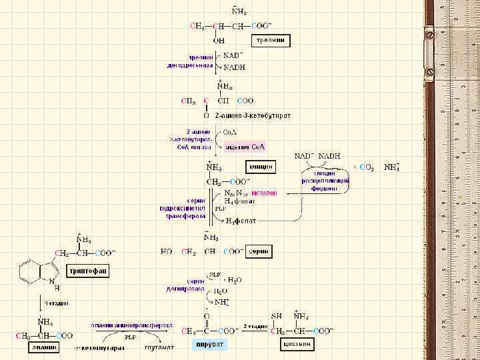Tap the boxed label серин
pos(259,251)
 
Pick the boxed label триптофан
pos(87,270)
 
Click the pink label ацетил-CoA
pos(245,146)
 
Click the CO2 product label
pos(367,167)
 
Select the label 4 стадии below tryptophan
pos(56,303)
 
